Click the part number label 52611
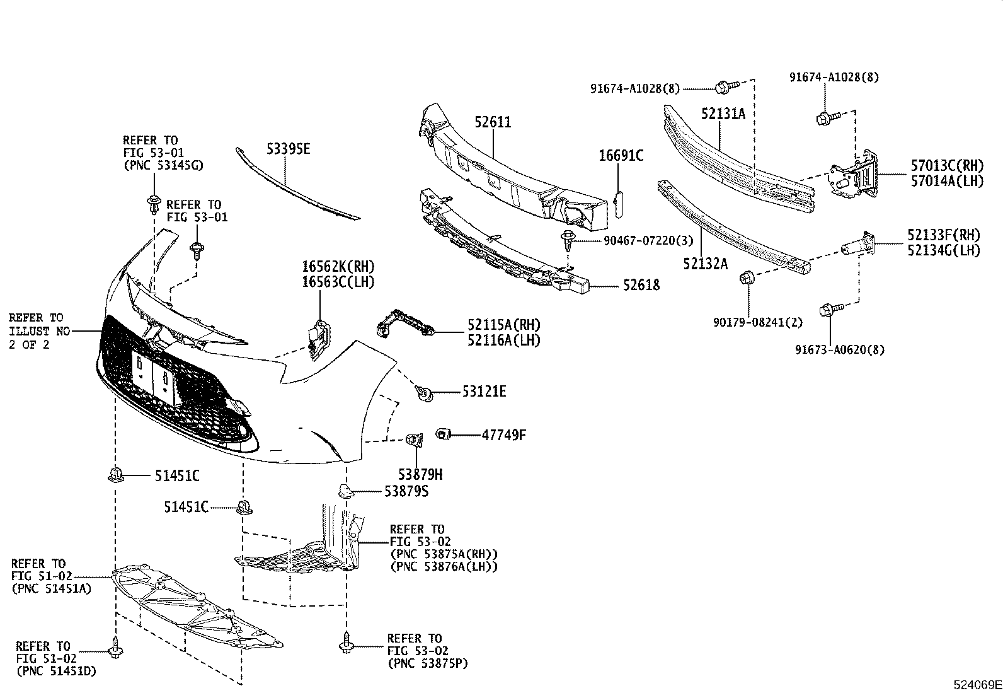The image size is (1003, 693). coord(493,122)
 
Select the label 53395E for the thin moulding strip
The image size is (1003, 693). coord(288,149)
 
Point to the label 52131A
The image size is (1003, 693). coord(723,114)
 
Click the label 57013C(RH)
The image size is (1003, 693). coord(946,166)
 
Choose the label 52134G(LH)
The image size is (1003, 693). coord(944,250)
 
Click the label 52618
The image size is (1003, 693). coord(641,285)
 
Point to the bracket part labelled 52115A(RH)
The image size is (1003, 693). coord(403,323)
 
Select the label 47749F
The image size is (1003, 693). coord(503,434)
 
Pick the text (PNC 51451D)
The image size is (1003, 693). coord(57,671)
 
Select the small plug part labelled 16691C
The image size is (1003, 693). coord(618,203)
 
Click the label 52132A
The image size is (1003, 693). coord(705,263)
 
